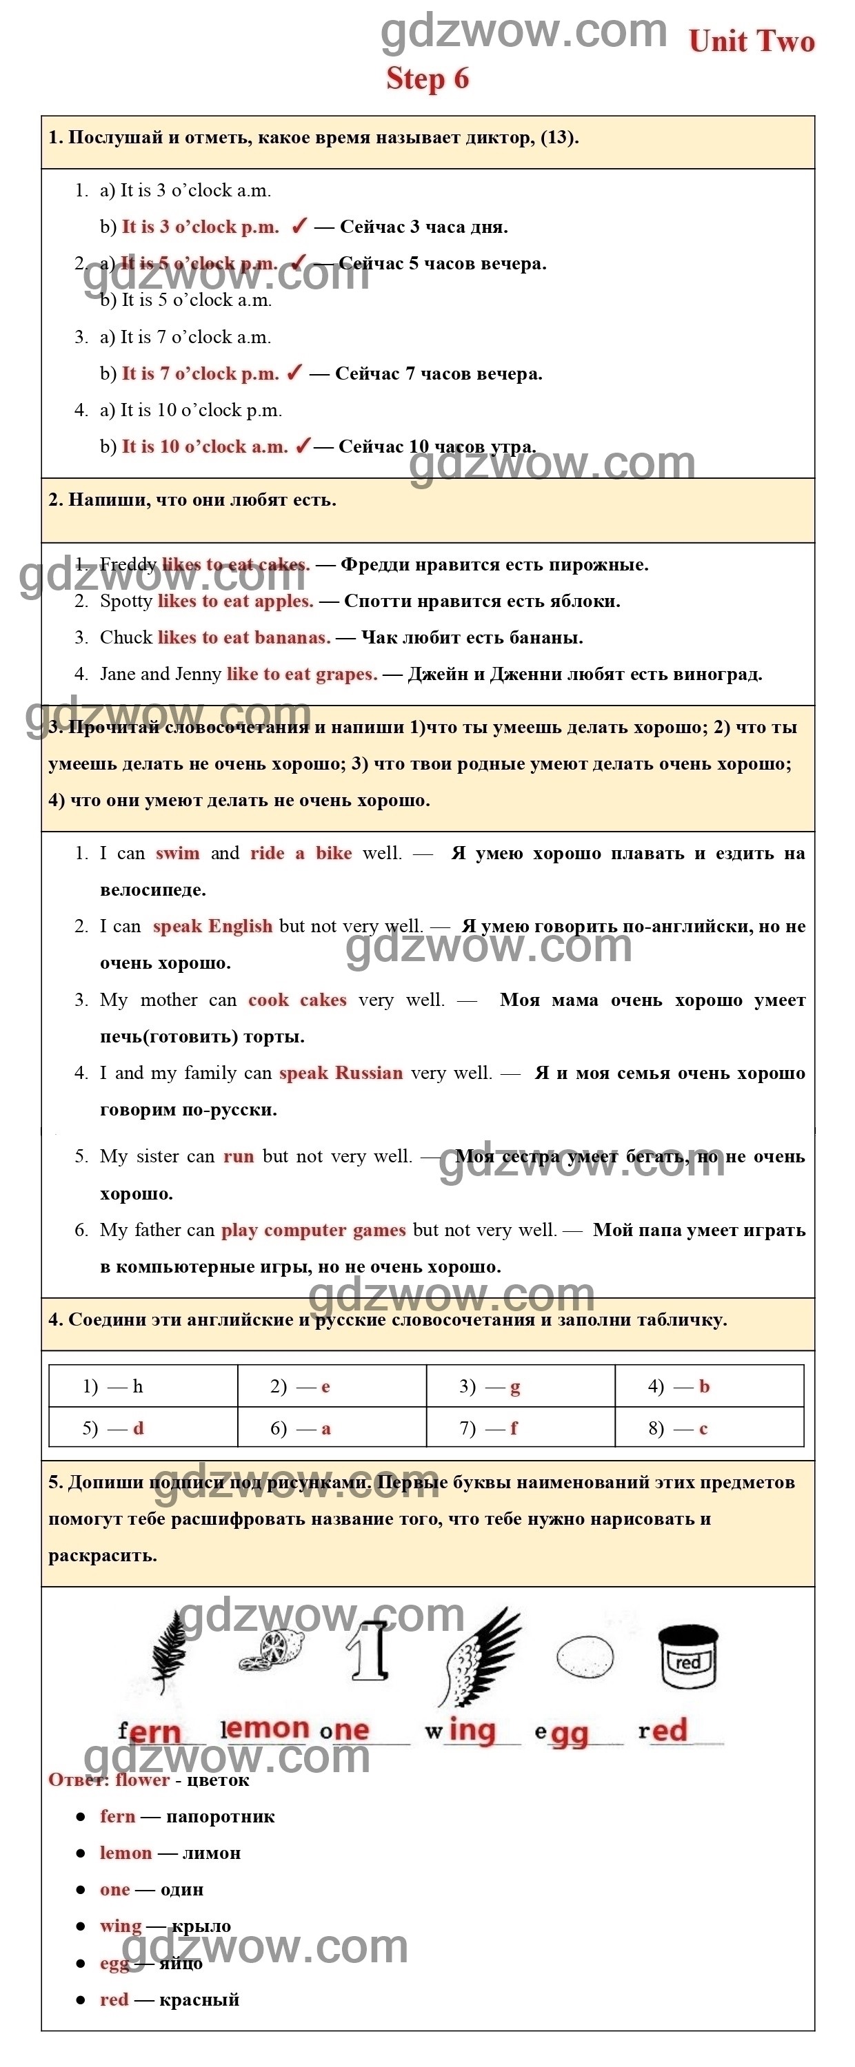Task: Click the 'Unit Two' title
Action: (x=751, y=42)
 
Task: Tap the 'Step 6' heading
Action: (x=427, y=79)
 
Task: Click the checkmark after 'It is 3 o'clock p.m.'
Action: (x=299, y=226)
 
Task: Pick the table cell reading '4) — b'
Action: (x=709, y=1386)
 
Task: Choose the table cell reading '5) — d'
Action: (x=143, y=1428)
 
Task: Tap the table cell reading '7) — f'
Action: (x=520, y=1428)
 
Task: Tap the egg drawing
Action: (x=585, y=1657)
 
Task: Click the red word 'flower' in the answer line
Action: (x=142, y=1780)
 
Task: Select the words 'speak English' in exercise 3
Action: (x=212, y=926)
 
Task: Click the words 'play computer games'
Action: (x=313, y=1230)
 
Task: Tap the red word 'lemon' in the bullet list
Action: (x=125, y=1853)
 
